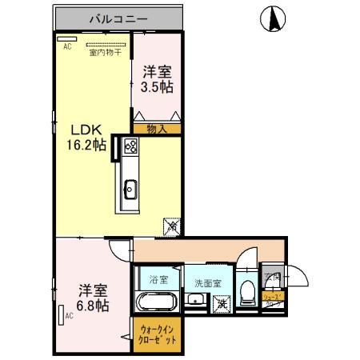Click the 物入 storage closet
coord(157,127)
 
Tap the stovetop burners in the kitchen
coord(130,146)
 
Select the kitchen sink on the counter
coord(130,190)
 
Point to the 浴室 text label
coord(158,279)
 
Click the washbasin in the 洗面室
coord(194,302)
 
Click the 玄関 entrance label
coord(272,277)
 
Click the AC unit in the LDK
coord(67,38)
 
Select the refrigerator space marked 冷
coord(171,226)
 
